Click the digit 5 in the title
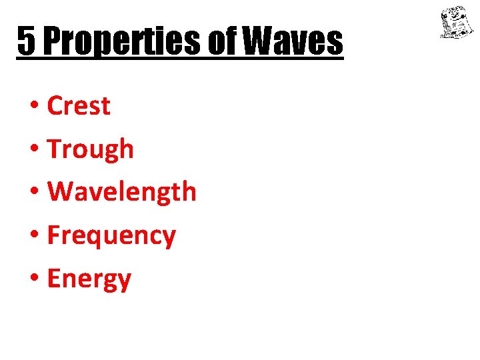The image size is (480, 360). coord(25,41)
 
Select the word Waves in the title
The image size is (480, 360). coord(293,41)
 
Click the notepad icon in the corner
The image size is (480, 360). coord(455,23)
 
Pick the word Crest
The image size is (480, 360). coord(79,106)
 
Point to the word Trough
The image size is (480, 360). coord(91,149)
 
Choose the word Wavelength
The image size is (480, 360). coord(122,192)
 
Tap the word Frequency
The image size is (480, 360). coord(111,235)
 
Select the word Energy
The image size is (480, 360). coord(89,279)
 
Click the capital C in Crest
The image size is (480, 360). coord(55,106)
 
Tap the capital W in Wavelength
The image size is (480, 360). coord(61,192)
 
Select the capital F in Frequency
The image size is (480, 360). coord(53,235)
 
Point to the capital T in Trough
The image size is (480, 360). coord(55,149)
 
